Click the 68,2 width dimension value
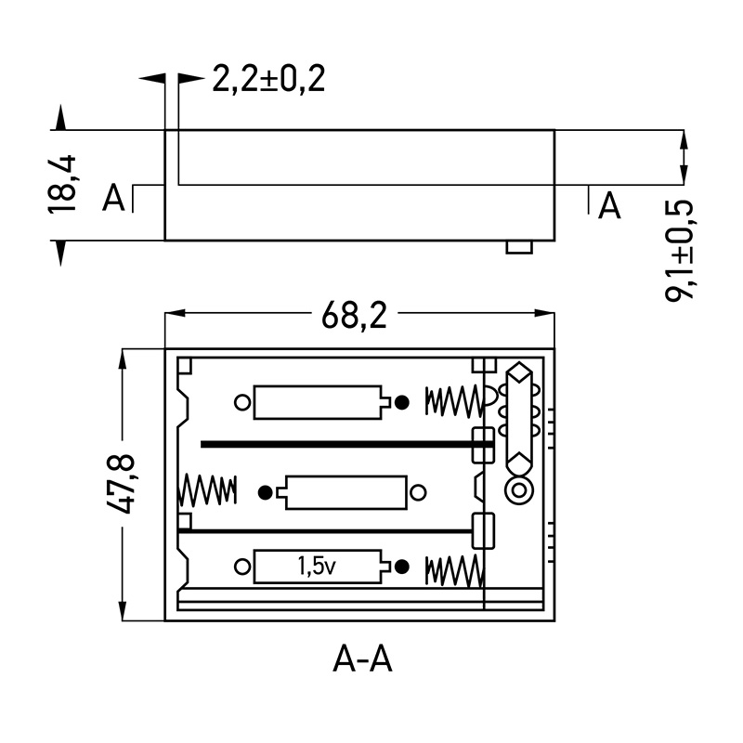tap(354, 317)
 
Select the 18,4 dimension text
tap(62, 186)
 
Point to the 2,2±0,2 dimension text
tap(268, 80)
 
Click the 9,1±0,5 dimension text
tap(684, 248)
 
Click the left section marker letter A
tap(113, 198)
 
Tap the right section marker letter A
tap(609, 205)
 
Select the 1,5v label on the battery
tap(317, 566)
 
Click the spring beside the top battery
tap(454, 401)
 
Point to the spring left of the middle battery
tap(207, 489)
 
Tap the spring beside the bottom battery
tap(454, 570)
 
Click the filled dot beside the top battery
tap(402, 402)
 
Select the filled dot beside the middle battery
tap(267, 492)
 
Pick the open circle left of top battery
tap(242, 402)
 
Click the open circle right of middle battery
tap(419, 492)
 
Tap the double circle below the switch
tap(516, 491)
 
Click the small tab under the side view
tap(518, 246)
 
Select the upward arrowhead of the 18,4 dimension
tap(61, 117)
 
